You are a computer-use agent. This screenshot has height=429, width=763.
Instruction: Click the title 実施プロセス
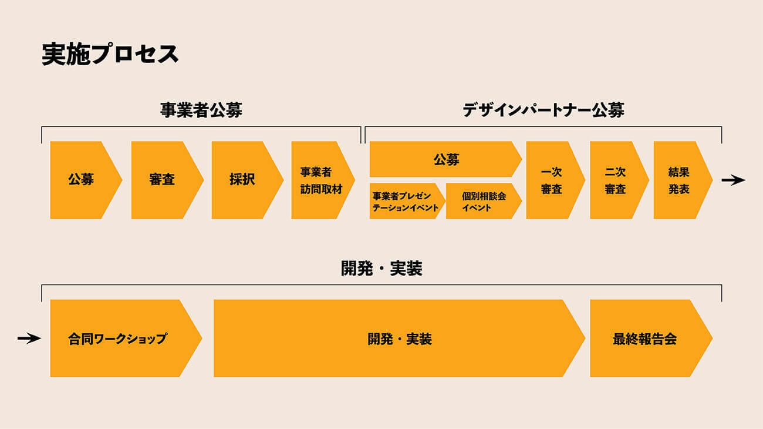click(110, 55)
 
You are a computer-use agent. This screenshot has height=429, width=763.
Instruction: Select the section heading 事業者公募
click(201, 110)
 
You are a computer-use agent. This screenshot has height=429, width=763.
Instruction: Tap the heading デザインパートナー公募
click(543, 110)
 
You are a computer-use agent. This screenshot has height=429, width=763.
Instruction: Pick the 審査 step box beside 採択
click(162, 180)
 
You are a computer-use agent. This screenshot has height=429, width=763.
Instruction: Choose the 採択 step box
click(242, 180)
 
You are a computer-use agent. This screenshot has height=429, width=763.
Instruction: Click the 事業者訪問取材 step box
click(320, 180)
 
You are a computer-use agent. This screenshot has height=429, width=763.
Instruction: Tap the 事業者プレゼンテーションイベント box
click(405, 202)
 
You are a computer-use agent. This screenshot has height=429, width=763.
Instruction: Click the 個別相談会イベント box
click(482, 202)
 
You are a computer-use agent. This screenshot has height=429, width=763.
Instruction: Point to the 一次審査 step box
click(552, 180)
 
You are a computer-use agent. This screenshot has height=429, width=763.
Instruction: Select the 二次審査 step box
click(616, 180)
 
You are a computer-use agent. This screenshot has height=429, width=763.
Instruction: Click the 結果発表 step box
click(679, 180)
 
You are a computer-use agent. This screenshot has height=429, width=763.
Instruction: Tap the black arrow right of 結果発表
click(733, 180)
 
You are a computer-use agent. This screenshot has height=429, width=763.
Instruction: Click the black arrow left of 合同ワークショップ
click(29, 338)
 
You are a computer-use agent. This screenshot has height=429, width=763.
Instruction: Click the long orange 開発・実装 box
click(399, 338)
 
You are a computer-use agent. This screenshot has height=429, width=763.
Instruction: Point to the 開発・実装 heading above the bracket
click(381, 269)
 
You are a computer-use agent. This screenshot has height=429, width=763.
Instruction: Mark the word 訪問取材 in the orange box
click(320, 189)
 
